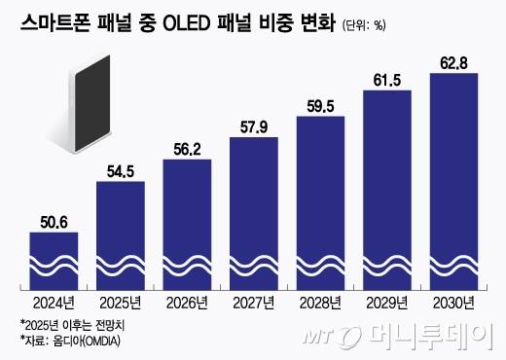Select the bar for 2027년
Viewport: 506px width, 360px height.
(x=254, y=214)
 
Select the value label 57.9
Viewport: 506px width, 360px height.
(x=254, y=126)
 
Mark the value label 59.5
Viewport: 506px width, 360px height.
(x=320, y=107)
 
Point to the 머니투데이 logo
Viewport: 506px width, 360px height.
(x=428, y=337)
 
